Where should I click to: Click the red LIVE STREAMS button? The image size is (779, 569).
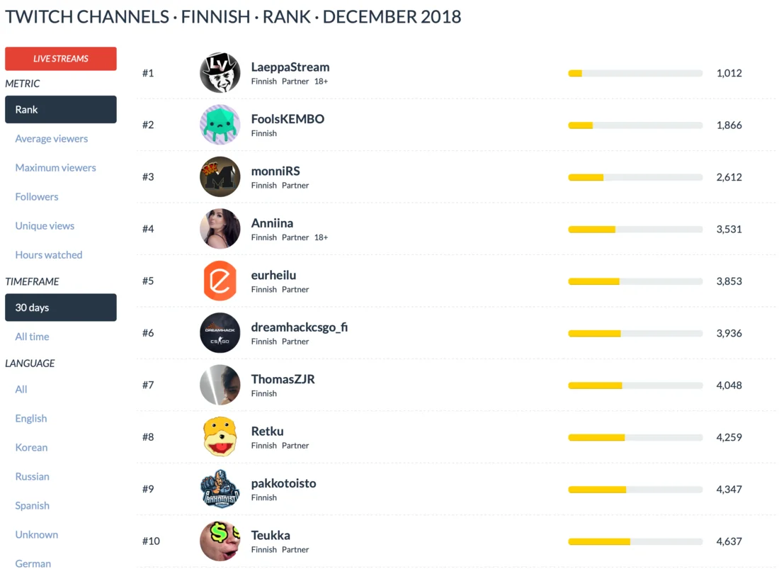tap(61, 59)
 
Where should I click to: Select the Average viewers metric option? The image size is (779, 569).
tap(52, 139)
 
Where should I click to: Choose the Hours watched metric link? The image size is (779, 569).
tap(49, 255)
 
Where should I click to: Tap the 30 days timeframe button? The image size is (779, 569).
tap(61, 308)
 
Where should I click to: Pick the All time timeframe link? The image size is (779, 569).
tap(33, 337)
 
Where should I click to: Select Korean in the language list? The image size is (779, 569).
tap(32, 448)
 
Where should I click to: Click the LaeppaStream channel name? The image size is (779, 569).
tap(290, 67)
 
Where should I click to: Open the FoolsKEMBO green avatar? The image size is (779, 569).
tap(220, 125)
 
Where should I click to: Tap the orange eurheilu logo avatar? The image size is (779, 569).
tap(220, 281)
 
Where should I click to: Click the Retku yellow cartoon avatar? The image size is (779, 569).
tap(220, 437)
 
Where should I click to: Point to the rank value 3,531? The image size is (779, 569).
tap(729, 229)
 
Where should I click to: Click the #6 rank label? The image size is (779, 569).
tap(148, 333)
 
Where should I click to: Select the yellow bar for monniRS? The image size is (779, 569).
tap(586, 177)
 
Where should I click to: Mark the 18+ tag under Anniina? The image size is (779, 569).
tap(322, 237)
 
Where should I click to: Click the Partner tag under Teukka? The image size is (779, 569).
tap(295, 550)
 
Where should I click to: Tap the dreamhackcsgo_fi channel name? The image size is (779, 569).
tap(300, 327)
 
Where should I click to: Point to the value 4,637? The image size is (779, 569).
tap(729, 541)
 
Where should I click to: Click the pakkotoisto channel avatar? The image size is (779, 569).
tap(220, 489)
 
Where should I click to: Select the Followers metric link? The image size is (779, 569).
tap(37, 197)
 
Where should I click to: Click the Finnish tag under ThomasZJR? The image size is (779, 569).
tap(264, 393)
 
